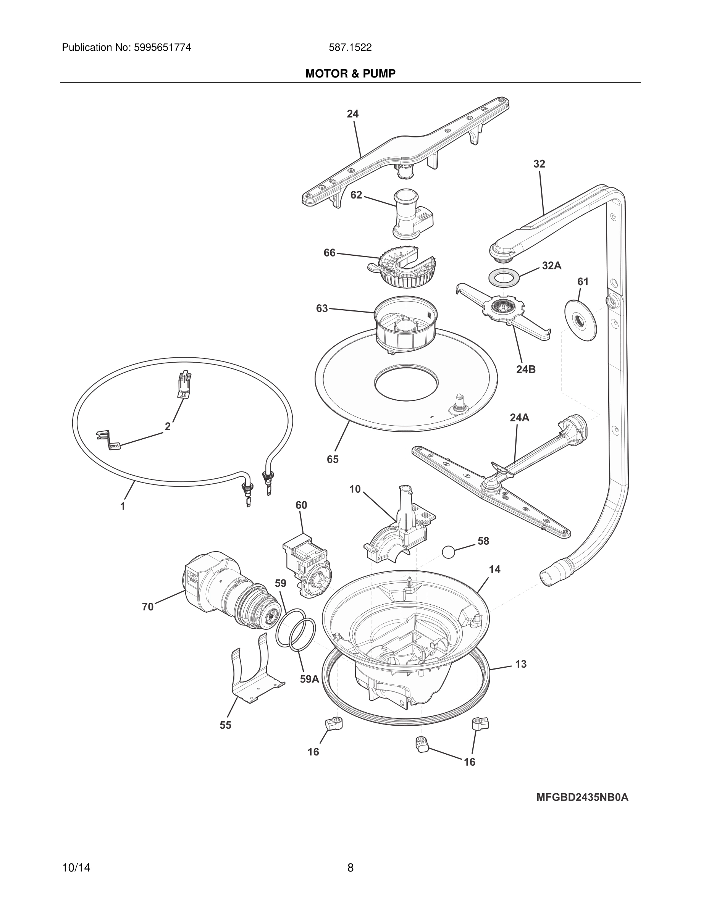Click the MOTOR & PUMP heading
[x=350, y=74]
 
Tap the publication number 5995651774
[x=162, y=47]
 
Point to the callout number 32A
[x=551, y=266]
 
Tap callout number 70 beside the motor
[x=148, y=607]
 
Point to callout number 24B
[x=526, y=369]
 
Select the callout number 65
[x=333, y=459]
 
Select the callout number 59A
[x=309, y=679]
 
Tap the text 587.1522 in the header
[x=350, y=47]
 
